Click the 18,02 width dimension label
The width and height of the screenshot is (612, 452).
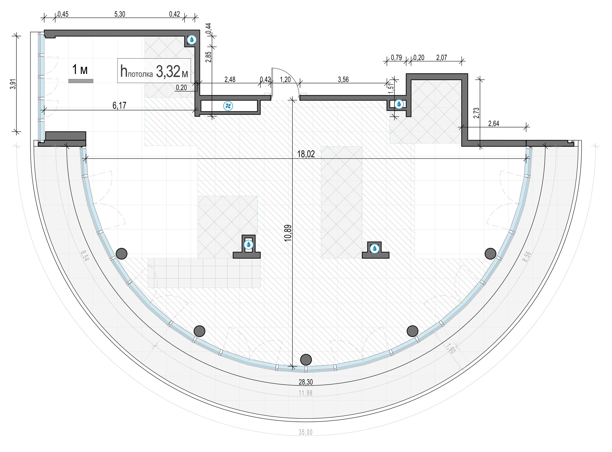[x=306, y=154]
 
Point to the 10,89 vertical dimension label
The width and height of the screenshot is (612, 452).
[x=288, y=233]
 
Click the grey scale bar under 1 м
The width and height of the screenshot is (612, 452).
[x=81, y=81]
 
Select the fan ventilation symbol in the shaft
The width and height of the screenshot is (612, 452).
[x=228, y=106]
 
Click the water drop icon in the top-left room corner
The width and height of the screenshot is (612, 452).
[x=192, y=40]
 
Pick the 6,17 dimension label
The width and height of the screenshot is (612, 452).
[x=119, y=105]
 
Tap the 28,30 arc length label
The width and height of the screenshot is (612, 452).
[x=306, y=382]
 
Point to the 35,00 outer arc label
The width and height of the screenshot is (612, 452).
[x=305, y=432]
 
